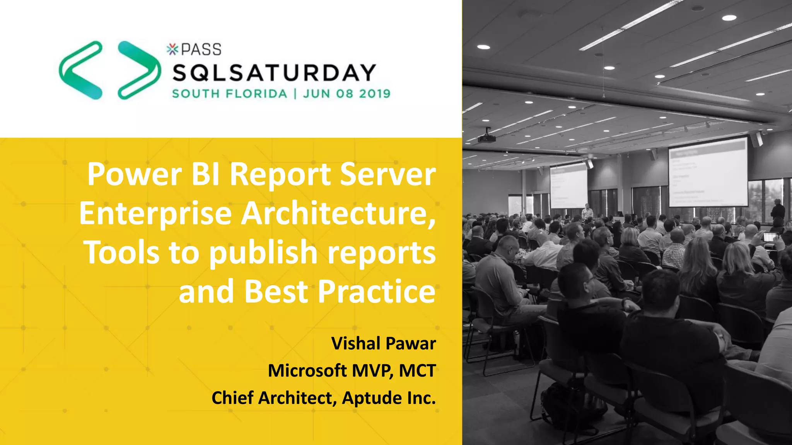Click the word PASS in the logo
pyautogui.click(x=201, y=49)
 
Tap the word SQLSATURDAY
pyautogui.click(x=274, y=73)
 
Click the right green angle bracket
pyautogui.click(x=138, y=70)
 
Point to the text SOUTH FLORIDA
pyautogui.click(x=230, y=94)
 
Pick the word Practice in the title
pyautogui.click(x=377, y=292)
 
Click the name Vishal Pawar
pyautogui.click(x=384, y=343)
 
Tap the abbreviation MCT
pyautogui.click(x=417, y=370)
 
